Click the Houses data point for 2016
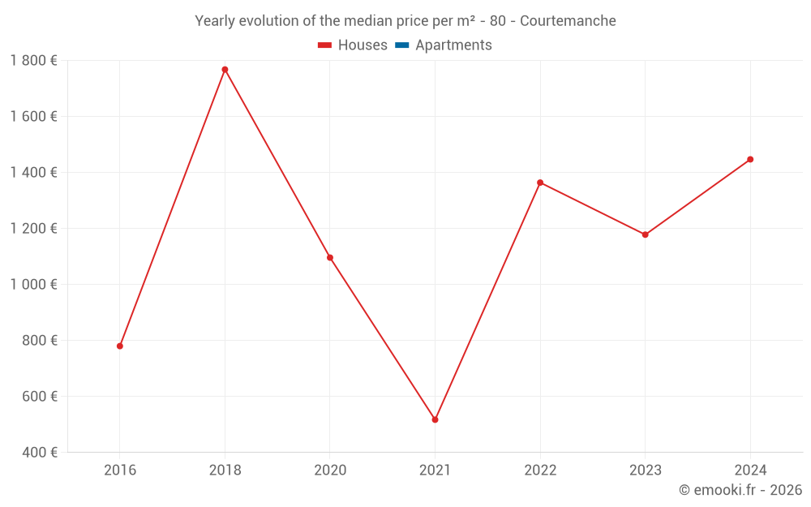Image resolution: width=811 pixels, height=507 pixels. point(120,346)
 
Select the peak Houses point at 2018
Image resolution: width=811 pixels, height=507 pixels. point(225,70)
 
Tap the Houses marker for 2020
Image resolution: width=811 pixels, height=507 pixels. point(330,258)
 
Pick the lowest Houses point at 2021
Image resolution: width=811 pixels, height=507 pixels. point(435,420)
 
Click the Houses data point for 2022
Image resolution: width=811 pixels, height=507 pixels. point(540,183)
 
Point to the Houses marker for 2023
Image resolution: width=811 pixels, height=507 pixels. point(645,235)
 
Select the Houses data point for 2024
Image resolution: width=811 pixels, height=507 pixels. point(750,160)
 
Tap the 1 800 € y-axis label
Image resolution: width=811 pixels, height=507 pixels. point(34,61)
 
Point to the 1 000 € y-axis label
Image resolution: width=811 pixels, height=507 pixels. point(34,285)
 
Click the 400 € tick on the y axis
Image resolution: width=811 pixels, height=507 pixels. point(39,453)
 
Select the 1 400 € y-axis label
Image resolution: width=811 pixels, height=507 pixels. point(34,173)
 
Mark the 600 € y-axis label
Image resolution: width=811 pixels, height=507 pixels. point(39,397)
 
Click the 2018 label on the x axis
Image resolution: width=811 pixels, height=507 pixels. point(225,470)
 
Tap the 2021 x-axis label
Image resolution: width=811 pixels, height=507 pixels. point(435,470)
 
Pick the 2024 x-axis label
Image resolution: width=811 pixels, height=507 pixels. point(750,470)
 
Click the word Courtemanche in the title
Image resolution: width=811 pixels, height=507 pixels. point(568,21)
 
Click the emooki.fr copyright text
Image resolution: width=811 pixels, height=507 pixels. point(740,490)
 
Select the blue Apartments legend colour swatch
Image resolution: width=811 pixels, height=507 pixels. point(401,45)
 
